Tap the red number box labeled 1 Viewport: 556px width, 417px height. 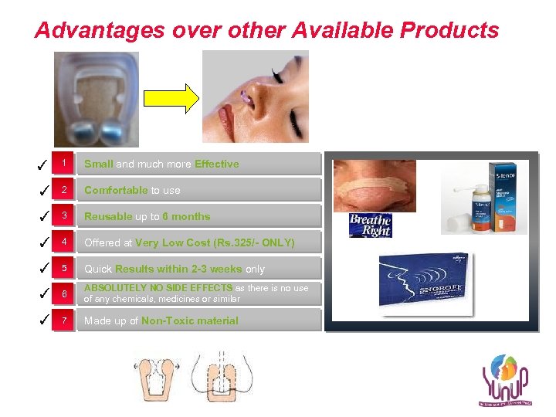(x=65, y=164)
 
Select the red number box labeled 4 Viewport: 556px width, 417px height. (x=65, y=242)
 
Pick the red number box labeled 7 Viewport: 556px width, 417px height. (x=65, y=320)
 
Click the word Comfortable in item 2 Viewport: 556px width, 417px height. (x=116, y=190)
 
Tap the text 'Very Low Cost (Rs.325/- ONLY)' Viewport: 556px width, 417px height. (x=215, y=242)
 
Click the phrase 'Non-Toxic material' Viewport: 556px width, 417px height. (x=190, y=320)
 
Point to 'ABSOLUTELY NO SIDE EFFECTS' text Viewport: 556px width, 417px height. (x=158, y=288)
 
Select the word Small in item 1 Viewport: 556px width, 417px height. (x=99, y=164)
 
